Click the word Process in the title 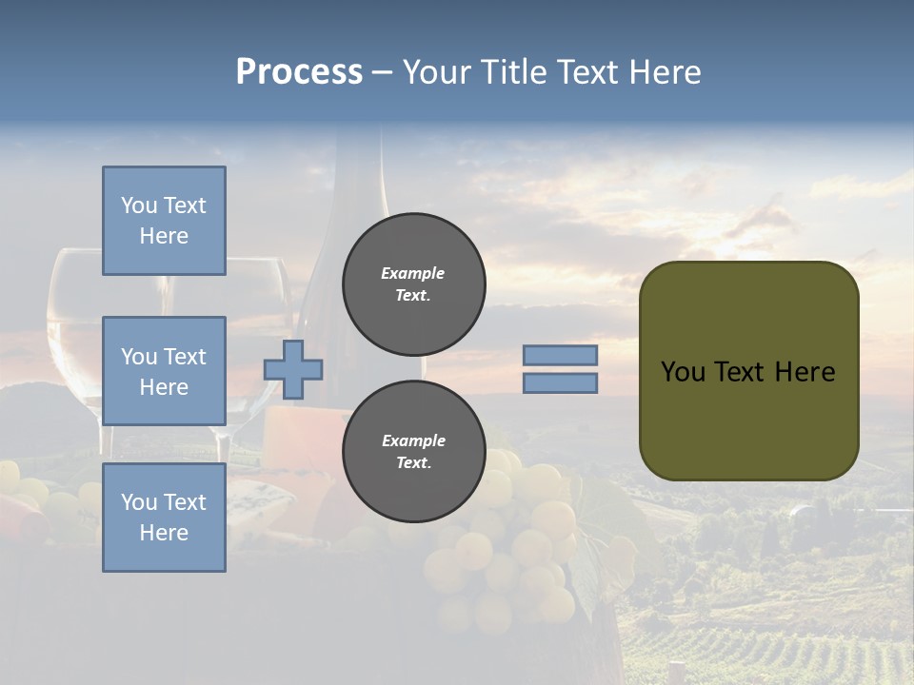[x=299, y=72]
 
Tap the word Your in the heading [x=436, y=72]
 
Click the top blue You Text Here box [x=164, y=221]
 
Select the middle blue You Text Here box [x=164, y=371]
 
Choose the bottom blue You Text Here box [x=164, y=518]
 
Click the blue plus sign [x=293, y=369]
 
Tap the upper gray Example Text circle [x=413, y=284]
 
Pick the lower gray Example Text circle [x=413, y=451]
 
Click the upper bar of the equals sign [x=560, y=355]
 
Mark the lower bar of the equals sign [x=560, y=382]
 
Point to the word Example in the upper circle [x=413, y=273]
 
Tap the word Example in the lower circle [x=413, y=440]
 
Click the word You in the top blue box [x=138, y=205]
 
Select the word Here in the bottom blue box [x=164, y=533]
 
